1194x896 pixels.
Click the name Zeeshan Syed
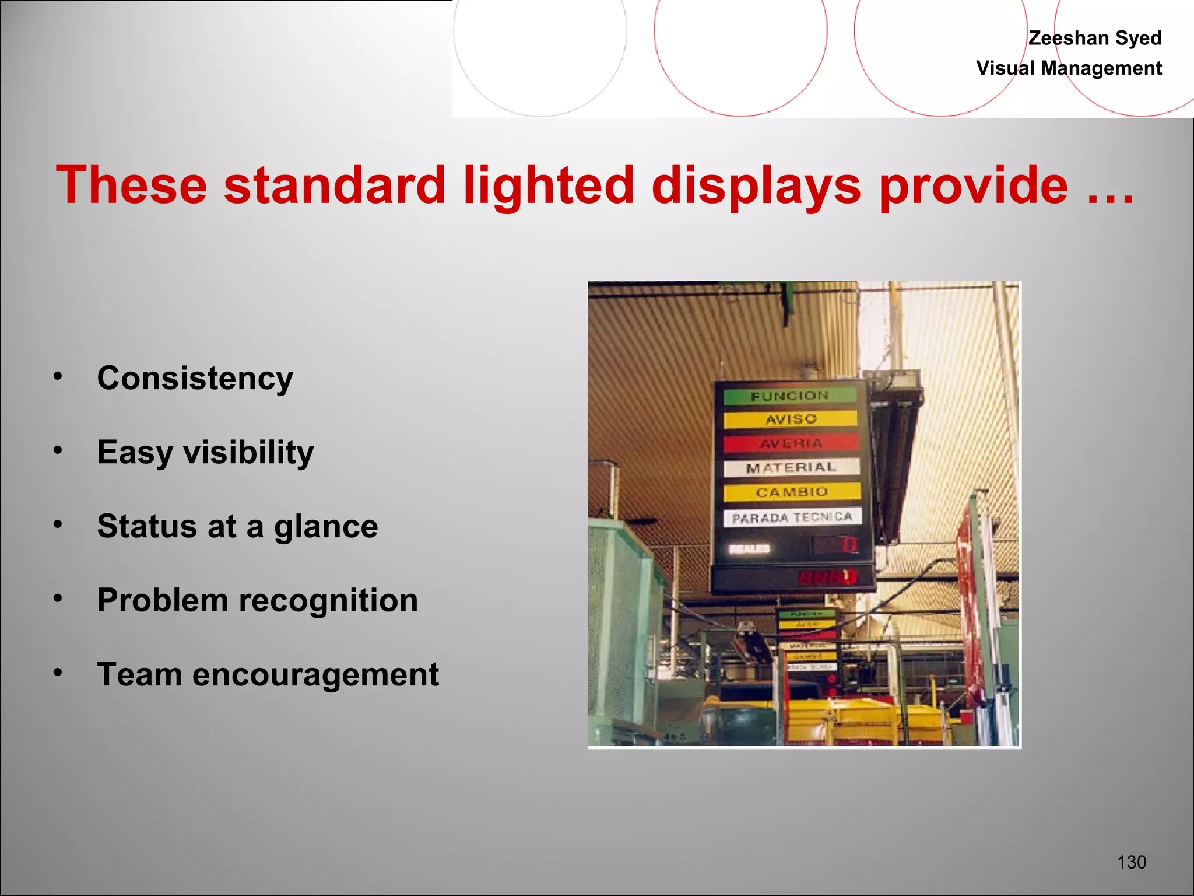click(x=1094, y=38)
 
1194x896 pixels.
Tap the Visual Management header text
click(x=1069, y=68)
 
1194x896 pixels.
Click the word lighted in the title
click(x=548, y=185)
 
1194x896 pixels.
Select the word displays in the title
click(x=756, y=185)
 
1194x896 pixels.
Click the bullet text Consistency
click(x=195, y=378)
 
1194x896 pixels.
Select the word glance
click(x=326, y=526)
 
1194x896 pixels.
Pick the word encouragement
click(x=315, y=674)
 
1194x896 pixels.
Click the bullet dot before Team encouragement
click(x=57, y=673)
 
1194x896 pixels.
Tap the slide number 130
click(x=1131, y=862)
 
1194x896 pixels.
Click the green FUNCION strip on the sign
click(x=789, y=396)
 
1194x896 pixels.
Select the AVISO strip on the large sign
click(x=791, y=419)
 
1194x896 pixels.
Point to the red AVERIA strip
click(x=791, y=444)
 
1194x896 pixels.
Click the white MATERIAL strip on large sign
click(x=791, y=467)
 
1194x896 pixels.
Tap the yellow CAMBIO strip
click(x=792, y=492)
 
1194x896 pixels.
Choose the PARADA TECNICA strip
click(x=792, y=517)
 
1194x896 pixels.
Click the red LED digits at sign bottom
click(x=827, y=577)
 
